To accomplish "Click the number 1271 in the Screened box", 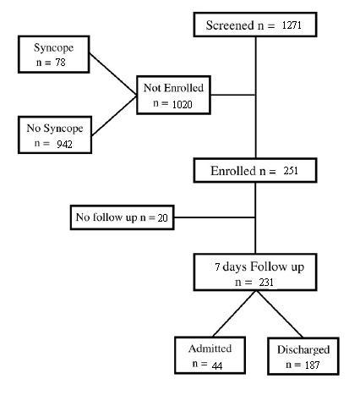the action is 292,25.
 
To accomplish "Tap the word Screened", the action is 230,25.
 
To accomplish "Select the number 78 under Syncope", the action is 60,63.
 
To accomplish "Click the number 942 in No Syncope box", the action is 64,145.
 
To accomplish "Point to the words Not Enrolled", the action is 173,88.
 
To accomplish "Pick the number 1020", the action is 182,105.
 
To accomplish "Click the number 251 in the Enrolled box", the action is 291,171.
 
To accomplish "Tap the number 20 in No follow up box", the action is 162,217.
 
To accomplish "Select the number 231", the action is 266,283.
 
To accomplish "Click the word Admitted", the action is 210,349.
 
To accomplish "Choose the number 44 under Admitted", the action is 217,365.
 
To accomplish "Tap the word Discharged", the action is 303,349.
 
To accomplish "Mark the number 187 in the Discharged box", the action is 312,365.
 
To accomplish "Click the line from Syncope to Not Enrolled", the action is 113,74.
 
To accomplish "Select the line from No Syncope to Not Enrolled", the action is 114,116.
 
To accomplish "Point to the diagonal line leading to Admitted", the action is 234,314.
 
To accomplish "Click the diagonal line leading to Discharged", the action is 280,314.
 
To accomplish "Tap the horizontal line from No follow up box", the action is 215,217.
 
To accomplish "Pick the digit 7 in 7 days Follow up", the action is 217,266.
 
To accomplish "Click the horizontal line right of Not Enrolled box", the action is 233,95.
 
